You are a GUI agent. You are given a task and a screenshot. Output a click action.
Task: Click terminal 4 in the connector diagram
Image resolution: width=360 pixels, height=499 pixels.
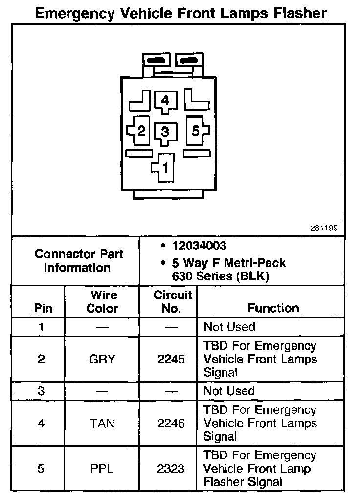pyautogui.click(x=165, y=101)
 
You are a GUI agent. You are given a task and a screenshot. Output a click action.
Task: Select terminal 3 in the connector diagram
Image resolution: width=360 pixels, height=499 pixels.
pyautogui.click(x=165, y=132)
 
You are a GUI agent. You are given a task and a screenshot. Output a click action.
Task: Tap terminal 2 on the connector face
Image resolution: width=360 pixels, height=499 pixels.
pyautogui.click(x=141, y=131)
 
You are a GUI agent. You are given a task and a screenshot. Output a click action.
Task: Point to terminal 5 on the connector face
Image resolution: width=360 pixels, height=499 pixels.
pyautogui.click(x=195, y=131)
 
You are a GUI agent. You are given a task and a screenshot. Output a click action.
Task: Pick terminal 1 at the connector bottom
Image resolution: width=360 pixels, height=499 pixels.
pyautogui.click(x=165, y=168)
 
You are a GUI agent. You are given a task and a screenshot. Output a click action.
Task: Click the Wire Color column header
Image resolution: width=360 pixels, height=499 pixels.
pyautogui.click(x=102, y=302)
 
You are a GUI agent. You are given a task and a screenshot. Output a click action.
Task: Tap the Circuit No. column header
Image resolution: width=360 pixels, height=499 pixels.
pyautogui.click(x=173, y=302)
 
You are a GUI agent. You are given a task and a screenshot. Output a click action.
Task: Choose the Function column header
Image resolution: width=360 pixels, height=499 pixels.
pyautogui.click(x=273, y=308)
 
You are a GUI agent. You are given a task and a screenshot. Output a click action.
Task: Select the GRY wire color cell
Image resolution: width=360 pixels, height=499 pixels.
pyautogui.click(x=102, y=360)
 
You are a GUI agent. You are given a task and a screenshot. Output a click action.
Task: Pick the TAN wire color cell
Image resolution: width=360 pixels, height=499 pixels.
pyautogui.click(x=102, y=423)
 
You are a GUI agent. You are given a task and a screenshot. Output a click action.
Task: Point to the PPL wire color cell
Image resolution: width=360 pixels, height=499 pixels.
pyautogui.click(x=102, y=469)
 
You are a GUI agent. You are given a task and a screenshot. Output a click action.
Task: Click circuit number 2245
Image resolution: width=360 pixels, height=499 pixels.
pyautogui.click(x=171, y=360)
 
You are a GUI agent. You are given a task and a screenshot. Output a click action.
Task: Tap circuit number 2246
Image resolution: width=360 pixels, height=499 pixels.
pyautogui.click(x=171, y=423)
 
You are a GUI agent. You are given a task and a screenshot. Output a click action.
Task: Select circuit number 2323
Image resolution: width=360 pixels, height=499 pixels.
pyautogui.click(x=171, y=469)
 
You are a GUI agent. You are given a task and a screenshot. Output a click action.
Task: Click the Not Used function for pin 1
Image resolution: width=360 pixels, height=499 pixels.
pyautogui.click(x=229, y=327)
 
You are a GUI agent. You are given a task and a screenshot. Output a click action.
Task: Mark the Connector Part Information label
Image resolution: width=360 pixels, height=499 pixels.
pyautogui.click(x=79, y=261)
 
